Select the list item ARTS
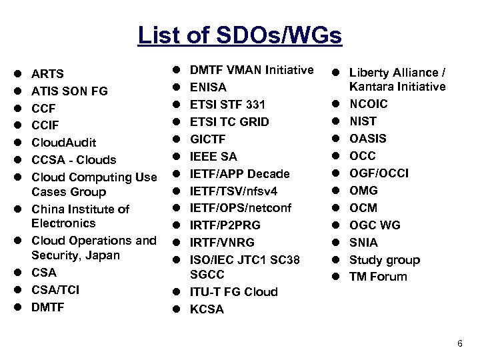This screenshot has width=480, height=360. pyautogui.click(x=47, y=73)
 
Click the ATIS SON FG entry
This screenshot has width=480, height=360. pyautogui.click(x=70, y=91)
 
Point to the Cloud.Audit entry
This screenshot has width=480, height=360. pyautogui.click(x=64, y=143)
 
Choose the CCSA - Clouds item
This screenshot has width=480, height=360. pyautogui.click(x=74, y=160)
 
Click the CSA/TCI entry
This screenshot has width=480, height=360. pyautogui.click(x=55, y=289)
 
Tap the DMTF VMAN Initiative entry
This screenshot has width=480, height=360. pyautogui.click(x=252, y=69)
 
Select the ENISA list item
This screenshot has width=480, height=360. pyautogui.click(x=208, y=87)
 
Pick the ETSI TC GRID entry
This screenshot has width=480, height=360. pyautogui.click(x=229, y=121)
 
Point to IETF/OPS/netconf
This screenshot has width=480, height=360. pyautogui.click(x=241, y=208)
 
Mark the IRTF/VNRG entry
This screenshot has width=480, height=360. pyautogui.click(x=222, y=243)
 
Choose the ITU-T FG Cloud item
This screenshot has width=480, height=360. pyautogui.click(x=234, y=292)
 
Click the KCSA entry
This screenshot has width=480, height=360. pyautogui.click(x=207, y=309)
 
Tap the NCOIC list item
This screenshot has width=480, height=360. pyautogui.click(x=369, y=104)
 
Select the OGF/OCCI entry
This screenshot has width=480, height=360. pyautogui.click(x=379, y=173)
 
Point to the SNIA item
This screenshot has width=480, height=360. pyautogui.click(x=363, y=243)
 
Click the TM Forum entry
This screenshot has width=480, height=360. pyautogui.click(x=378, y=277)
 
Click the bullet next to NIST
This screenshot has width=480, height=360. pyautogui.click(x=337, y=121)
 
